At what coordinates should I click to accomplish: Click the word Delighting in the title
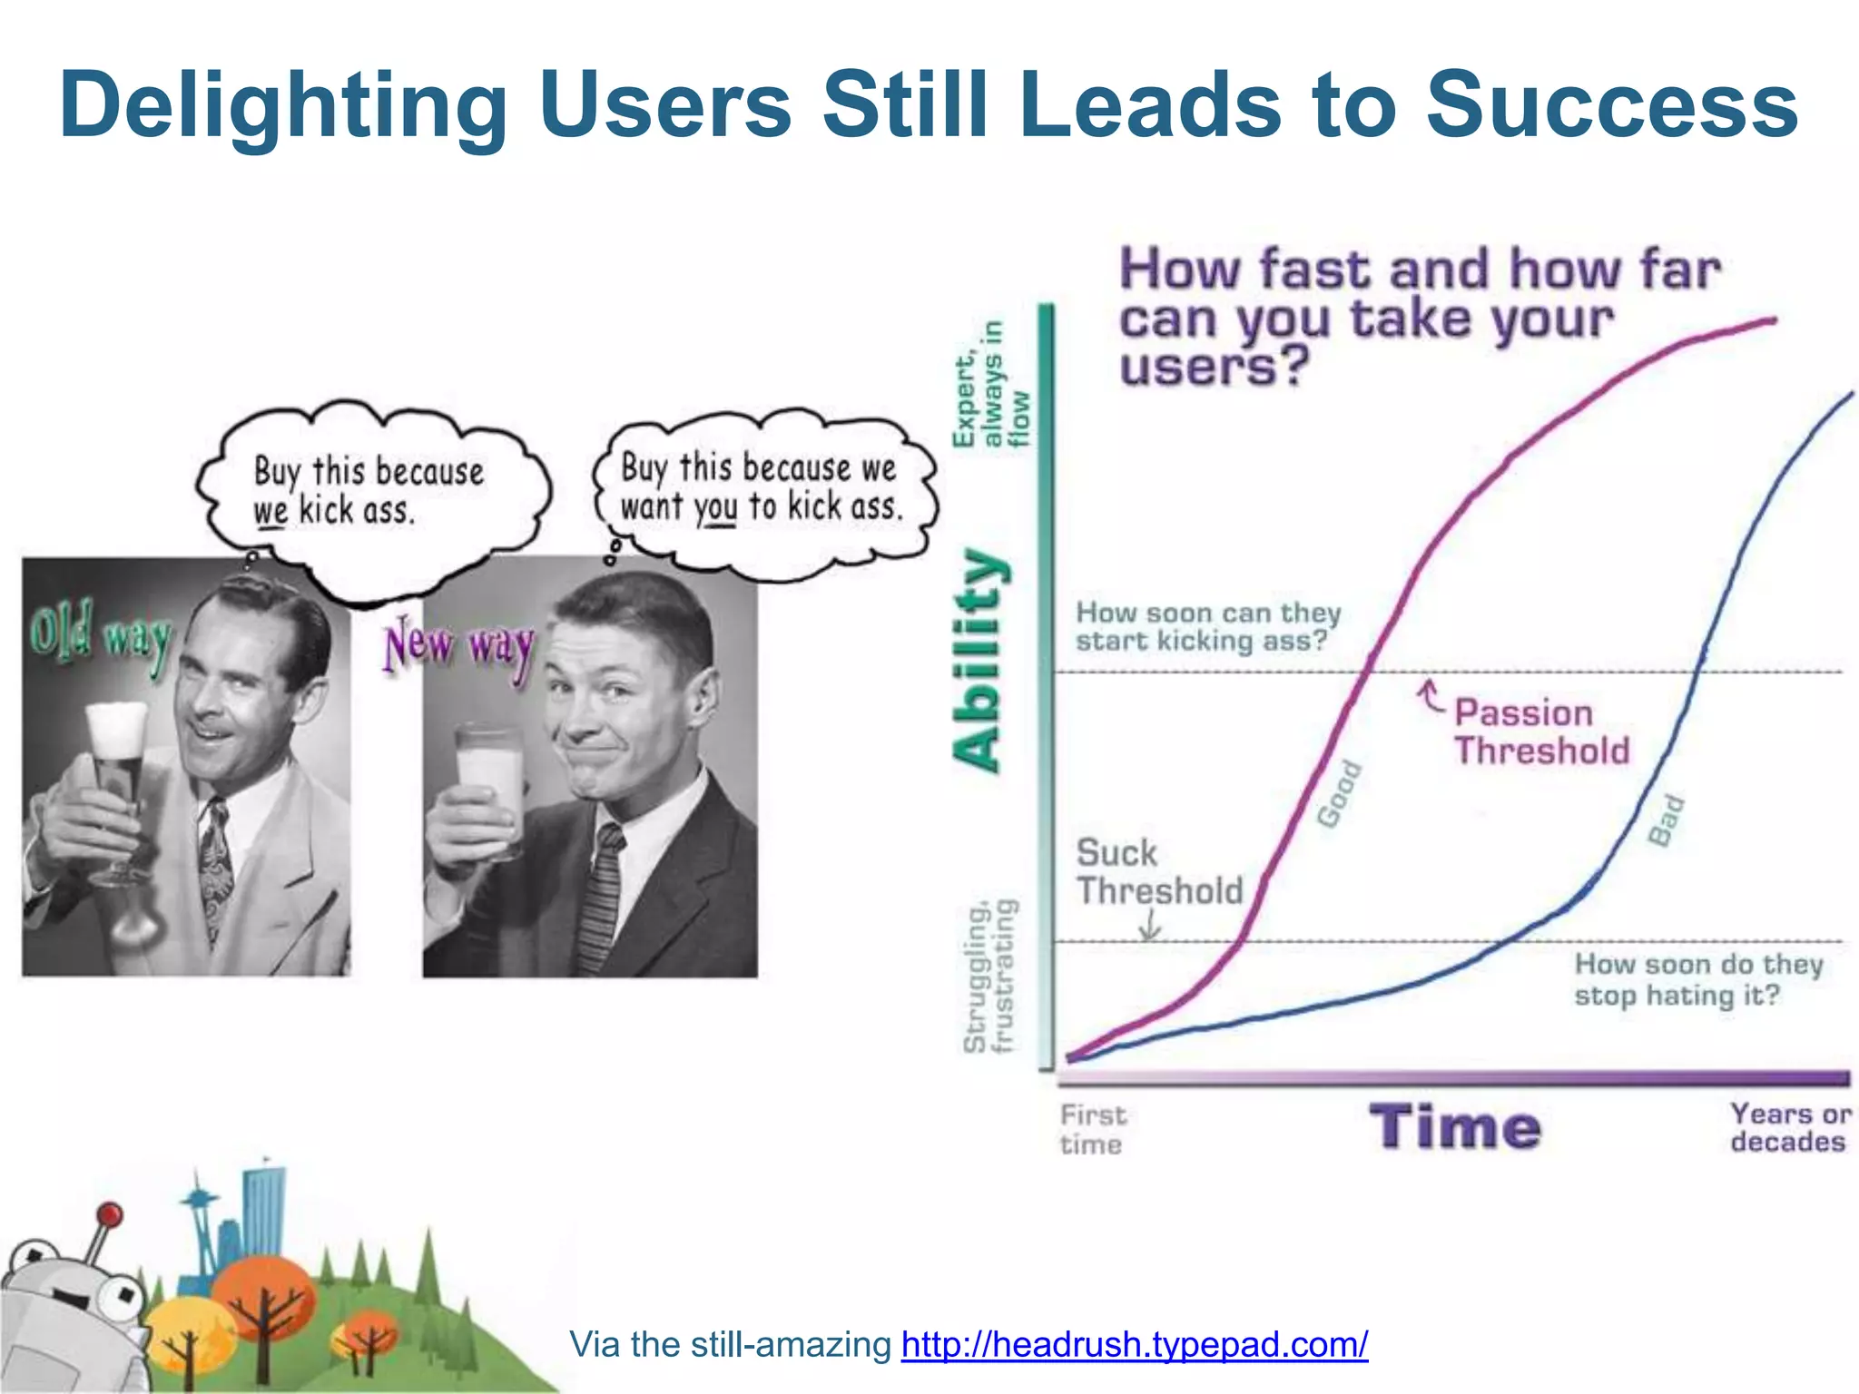coord(283,107)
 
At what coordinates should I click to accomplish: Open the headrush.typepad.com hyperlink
coord(1134,1344)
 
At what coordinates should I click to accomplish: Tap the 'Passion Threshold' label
coord(1540,731)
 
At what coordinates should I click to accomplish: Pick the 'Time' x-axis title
coord(1454,1127)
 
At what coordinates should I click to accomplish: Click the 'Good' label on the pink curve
coord(1340,795)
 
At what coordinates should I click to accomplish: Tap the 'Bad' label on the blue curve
coord(1667,820)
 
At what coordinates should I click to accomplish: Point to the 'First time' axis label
coord(1092,1129)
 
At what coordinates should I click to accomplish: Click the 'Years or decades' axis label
coord(1788,1127)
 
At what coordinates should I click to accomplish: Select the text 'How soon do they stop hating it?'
coord(1697,979)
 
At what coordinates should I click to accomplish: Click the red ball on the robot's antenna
coord(110,1213)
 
